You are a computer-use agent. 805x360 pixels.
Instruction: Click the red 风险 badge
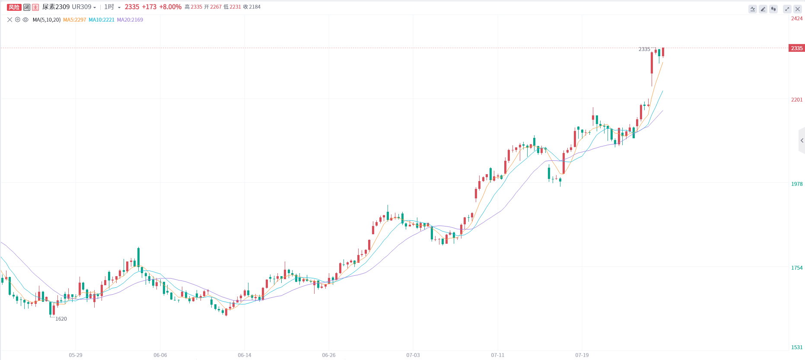click(14, 7)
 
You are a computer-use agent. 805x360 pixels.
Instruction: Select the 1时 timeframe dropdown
click(112, 7)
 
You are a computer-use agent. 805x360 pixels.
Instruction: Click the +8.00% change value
click(170, 7)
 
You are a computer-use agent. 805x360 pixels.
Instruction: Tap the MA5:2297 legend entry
click(75, 20)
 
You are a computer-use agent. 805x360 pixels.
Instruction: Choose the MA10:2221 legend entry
click(102, 20)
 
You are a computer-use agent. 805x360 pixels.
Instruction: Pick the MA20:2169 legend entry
click(130, 20)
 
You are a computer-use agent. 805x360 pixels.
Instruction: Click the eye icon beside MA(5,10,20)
click(25, 20)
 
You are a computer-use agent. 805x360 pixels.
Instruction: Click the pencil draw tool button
click(763, 9)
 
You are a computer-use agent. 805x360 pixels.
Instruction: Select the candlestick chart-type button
click(773, 9)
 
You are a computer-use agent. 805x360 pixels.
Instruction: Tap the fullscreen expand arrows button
click(787, 9)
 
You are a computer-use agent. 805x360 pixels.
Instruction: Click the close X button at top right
click(798, 9)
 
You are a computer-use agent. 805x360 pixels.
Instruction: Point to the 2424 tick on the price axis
click(797, 19)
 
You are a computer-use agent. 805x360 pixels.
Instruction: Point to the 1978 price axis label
click(797, 184)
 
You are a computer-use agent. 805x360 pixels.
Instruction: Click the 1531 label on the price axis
click(797, 347)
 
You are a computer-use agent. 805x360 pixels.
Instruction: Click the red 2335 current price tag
click(797, 48)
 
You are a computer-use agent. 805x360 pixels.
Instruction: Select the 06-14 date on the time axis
click(245, 355)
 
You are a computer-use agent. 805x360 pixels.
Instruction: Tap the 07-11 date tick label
click(497, 355)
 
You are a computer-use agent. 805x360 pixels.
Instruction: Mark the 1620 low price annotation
click(61, 319)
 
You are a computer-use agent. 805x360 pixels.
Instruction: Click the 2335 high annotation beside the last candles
click(644, 49)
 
